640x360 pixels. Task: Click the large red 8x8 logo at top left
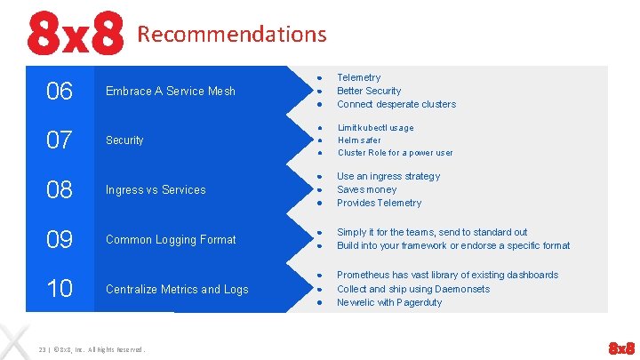pos(75,34)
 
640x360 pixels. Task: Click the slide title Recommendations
pos(232,35)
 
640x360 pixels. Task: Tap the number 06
pos(60,91)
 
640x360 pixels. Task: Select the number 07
pos(60,140)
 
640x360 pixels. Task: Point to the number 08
pos(60,189)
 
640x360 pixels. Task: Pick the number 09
pos(60,239)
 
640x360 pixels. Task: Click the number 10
pos(60,289)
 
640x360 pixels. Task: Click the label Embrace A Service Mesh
pos(171,91)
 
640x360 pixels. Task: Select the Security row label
pos(124,140)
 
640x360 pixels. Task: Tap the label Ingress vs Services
pos(156,189)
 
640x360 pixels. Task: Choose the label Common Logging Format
pos(171,239)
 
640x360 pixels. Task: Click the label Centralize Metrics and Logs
pos(177,289)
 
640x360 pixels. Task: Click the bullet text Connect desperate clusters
pos(396,104)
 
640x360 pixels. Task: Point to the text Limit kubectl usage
pos(375,127)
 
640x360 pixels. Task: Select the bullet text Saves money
pos(366,189)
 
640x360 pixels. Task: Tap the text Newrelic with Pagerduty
pos(389,302)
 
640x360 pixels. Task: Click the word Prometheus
pos(361,275)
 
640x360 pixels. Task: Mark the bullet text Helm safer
pos(359,140)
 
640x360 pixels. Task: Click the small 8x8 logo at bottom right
pos(620,347)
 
